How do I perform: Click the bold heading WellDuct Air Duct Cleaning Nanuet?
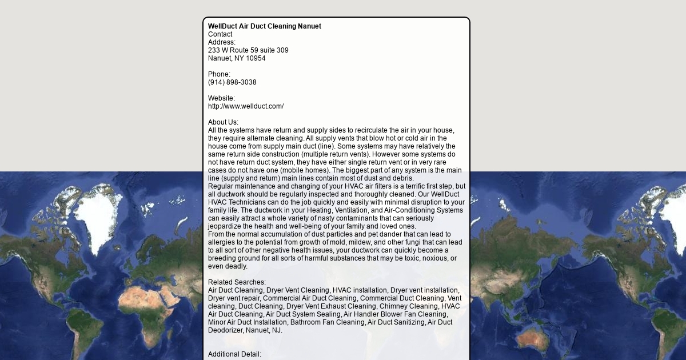[x=264, y=26]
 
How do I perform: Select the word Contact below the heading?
[x=220, y=34]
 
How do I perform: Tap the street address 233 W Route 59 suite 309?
[x=248, y=50]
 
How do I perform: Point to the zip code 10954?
[x=256, y=58]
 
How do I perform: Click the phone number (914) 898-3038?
[x=232, y=82]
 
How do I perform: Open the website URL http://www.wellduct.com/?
[x=246, y=106]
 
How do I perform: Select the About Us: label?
[x=223, y=122]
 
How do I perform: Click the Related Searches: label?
[x=237, y=282]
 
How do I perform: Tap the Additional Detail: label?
[x=234, y=354]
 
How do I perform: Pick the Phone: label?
[x=219, y=74]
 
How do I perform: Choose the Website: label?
[x=221, y=98]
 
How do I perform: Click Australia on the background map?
[x=535, y=337]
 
